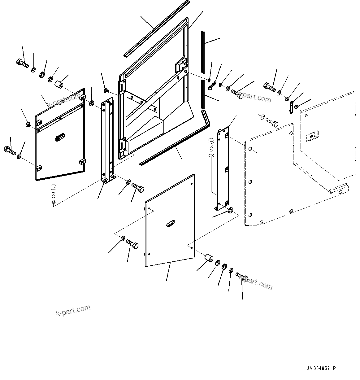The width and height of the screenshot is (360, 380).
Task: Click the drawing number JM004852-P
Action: tap(321, 368)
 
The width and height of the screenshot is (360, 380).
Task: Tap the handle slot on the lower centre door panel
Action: tap(170, 223)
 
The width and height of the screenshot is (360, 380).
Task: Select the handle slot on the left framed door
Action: tap(59, 136)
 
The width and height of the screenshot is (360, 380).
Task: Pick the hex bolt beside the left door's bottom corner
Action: tap(9, 151)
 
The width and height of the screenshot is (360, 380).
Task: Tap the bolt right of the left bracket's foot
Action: tap(138, 188)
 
